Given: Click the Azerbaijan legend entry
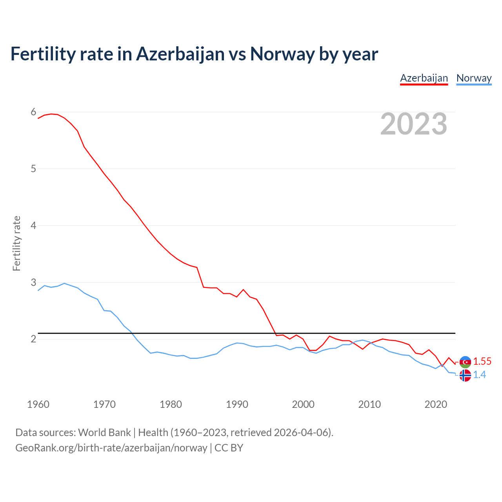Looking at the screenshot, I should point(424,78).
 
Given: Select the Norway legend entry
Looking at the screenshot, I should point(474,78).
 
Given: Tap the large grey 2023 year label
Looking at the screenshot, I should point(414,124).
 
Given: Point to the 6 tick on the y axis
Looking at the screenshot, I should point(33,112).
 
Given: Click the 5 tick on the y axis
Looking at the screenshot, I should point(33,169).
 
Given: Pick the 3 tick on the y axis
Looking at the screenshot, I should point(33,282).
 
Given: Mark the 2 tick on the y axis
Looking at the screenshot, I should point(33,339).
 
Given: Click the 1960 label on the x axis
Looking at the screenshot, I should point(38,404).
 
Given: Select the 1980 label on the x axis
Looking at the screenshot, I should point(171,404).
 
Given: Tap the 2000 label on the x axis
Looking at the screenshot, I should point(303,404).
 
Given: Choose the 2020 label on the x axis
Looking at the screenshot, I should point(436,404).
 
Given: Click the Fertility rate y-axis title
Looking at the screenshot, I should point(16,243).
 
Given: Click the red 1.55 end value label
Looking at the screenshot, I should point(482,362).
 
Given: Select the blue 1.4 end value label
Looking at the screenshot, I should point(479,375).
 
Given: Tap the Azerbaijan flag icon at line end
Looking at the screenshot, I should point(465,362).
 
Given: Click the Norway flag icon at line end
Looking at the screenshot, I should point(465,375).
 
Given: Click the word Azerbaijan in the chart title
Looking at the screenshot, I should point(180,54).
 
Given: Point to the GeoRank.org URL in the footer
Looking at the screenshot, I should point(111,448).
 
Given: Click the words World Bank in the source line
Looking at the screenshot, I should point(104,433).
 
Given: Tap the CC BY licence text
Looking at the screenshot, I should point(229,448).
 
